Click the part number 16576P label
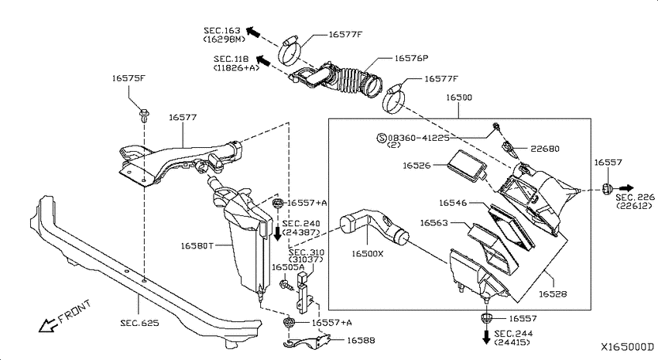(x=411, y=58)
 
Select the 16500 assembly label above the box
(x=459, y=98)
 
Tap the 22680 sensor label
(x=545, y=149)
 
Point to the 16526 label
(x=416, y=166)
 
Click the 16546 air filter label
(x=453, y=203)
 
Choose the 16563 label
(x=434, y=223)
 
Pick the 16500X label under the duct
(x=368, y=254)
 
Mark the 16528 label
(x=553, y=294)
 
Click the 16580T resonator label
(x=197, y=245)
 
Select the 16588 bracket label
(x=361, y=341)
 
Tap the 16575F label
(x=129, y=78)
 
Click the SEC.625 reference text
(x=140, y=323)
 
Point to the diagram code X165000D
(x=627, y=347)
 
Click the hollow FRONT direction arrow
(x=48, y=324)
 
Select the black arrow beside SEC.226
(x=626, y=188)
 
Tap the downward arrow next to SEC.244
(x=486, y=337)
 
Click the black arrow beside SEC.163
(x=252, y=32)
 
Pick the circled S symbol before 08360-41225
(x=382, y=138)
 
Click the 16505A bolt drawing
(x=286, y=285)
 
